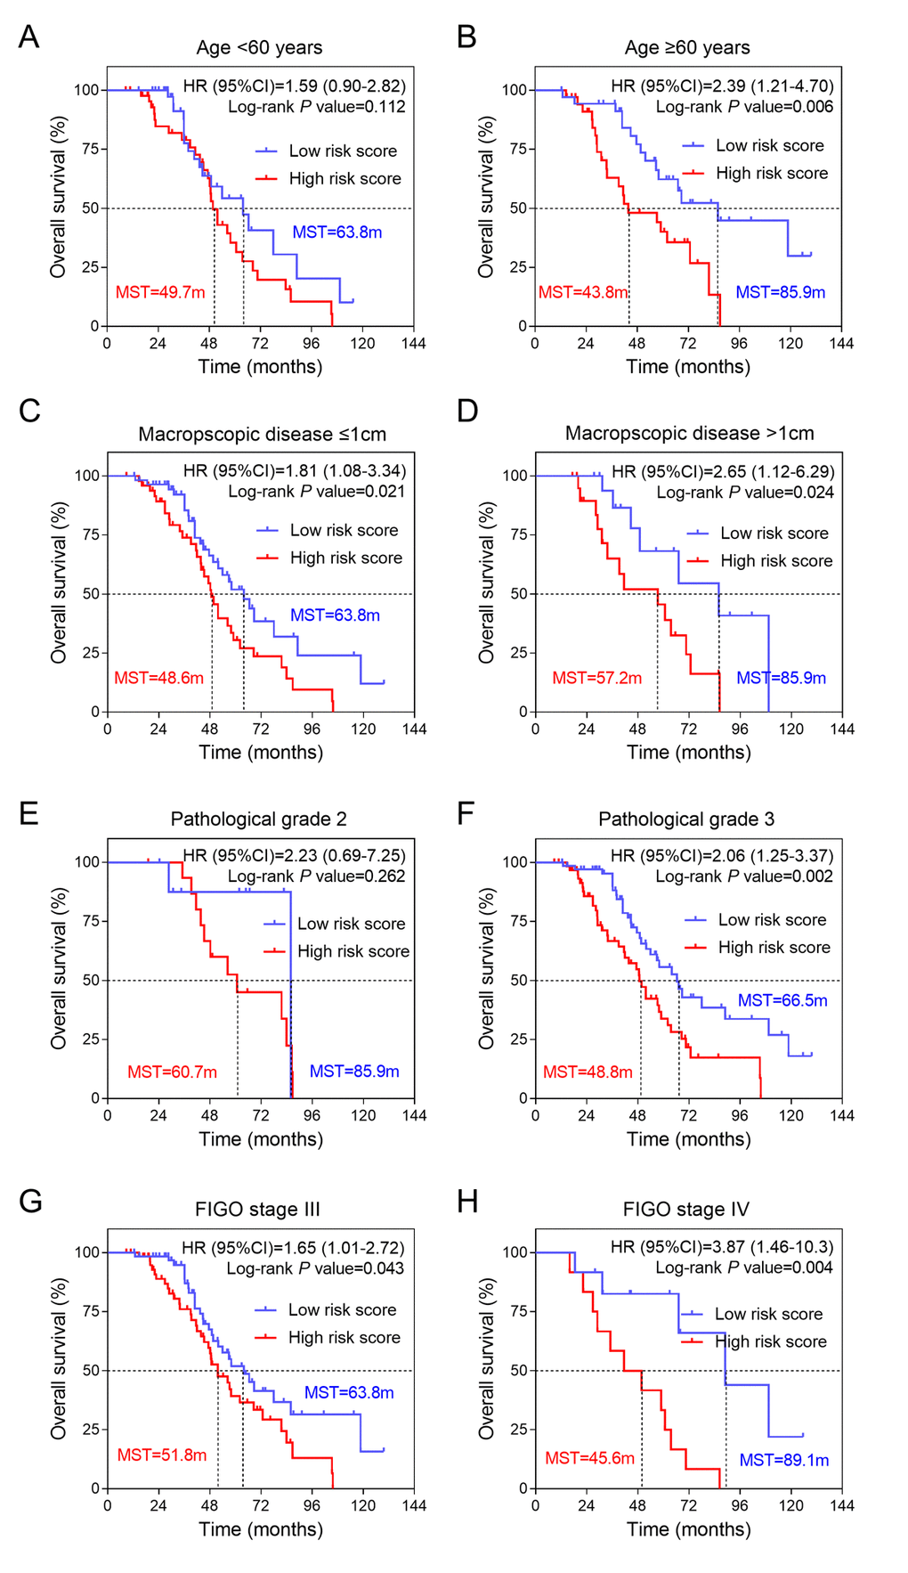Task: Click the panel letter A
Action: point(28,37)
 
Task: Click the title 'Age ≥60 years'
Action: point(687,48)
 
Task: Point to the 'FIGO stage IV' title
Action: point(685,1210)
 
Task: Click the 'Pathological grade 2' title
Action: point(259,819)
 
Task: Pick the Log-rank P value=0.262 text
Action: point(316,876)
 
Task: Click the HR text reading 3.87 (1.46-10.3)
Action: point(722,1247)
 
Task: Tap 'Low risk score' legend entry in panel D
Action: point(774,534)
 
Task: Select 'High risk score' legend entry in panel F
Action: point(774,948)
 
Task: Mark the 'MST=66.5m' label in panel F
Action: point(782,1001)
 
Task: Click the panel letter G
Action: point(30,1202)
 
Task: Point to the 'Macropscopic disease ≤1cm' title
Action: point(263,435)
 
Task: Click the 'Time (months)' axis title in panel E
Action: point(261,1139)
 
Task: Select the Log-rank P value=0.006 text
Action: point(744,107)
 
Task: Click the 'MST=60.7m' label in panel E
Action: point(172,1072)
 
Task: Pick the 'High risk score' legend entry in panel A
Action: point(345,179)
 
